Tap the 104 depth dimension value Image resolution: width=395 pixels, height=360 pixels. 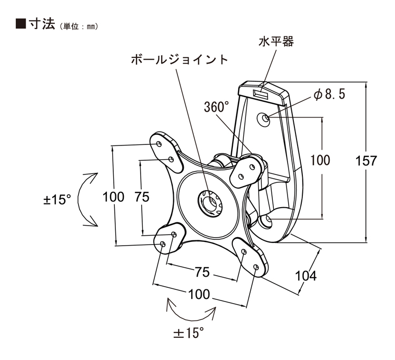tap(306, 276)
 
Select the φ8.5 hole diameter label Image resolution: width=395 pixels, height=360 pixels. tap(329, 95)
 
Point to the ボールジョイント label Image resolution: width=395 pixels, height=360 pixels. tap(180, 60)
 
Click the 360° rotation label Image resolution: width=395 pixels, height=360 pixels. tap(217, 108)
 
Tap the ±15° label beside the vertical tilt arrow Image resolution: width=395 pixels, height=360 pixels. tap(57, 200)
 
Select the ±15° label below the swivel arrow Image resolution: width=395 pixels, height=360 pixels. tap(189, 333)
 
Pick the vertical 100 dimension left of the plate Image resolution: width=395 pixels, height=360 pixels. tap(113, 197)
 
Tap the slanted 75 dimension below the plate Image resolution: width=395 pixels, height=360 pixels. tap(202, 272)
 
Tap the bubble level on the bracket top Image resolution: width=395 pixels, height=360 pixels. tap(261, 93)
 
